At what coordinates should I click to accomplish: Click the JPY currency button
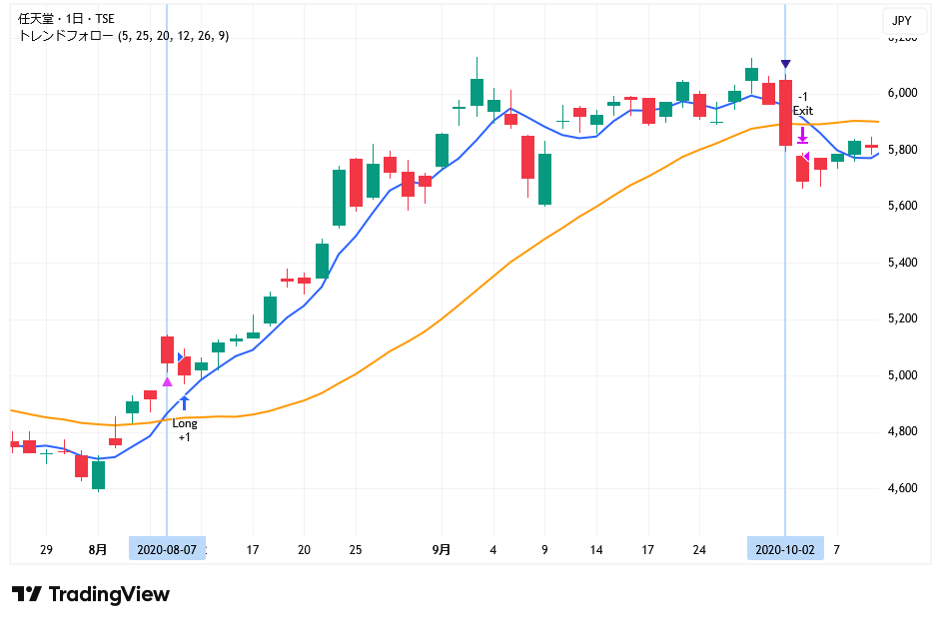[x=901, y=20]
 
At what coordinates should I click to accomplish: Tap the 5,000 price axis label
[x=902, y=375]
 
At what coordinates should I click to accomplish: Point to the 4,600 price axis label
[x=902, y=488]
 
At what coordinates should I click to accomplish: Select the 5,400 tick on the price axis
[x=902, y=263]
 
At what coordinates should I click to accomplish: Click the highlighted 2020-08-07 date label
[x=167, y=549]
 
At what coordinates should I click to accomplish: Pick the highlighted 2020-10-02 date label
[x=785, y=549]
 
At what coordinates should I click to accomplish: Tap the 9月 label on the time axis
[x=442, y=549]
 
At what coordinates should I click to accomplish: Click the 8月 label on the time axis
[x=98, y=549]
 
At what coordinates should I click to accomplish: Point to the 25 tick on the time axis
[x=356, y=549]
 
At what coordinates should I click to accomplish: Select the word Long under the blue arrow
[x=185, y=423]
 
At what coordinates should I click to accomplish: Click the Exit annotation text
[x=803, y=110]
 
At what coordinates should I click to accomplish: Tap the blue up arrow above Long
[x=185, y=403]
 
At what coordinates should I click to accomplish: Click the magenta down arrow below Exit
[x=802, y=134]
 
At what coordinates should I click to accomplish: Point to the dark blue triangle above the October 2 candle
[x=786, y=65]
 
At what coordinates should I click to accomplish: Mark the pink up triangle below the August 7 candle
[x=167, y=380]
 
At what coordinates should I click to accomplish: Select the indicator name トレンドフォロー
[x=66, y=36]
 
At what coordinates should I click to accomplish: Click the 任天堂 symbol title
[x=35, y=19]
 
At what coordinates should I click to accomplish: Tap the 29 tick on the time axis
[x=46, y=549]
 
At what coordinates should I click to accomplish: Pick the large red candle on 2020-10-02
[x=786, y=113]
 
